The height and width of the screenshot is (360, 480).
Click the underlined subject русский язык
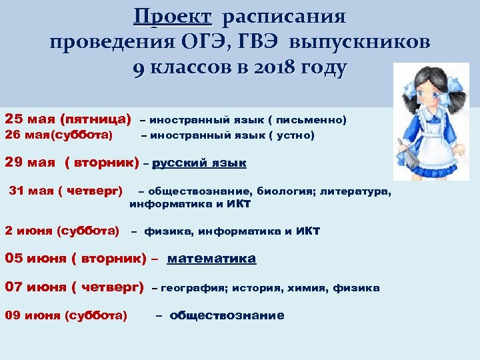tap(199, 163)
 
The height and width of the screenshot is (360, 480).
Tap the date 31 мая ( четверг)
tap(65, 191)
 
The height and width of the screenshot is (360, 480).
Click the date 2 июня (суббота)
tap(62, 231)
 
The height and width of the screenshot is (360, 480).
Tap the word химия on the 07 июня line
tap(307, 288)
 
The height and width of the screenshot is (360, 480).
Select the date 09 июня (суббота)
tap(66, 316)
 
